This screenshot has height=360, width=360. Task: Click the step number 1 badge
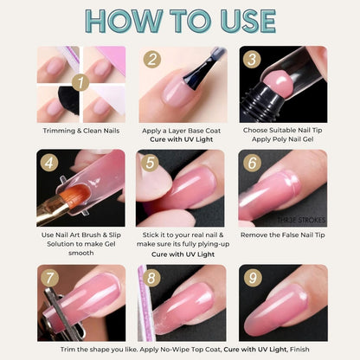point(80,83)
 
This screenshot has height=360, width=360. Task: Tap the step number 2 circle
point(152,60)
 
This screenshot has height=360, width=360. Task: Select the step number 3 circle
point(253,60)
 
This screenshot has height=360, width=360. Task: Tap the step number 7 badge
point(50,279)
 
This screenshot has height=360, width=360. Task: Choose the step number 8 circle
point(152,279)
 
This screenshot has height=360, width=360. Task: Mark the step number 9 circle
point(253,279)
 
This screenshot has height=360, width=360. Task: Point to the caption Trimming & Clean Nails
point(80,132)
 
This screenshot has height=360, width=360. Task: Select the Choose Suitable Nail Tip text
point(282,132)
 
